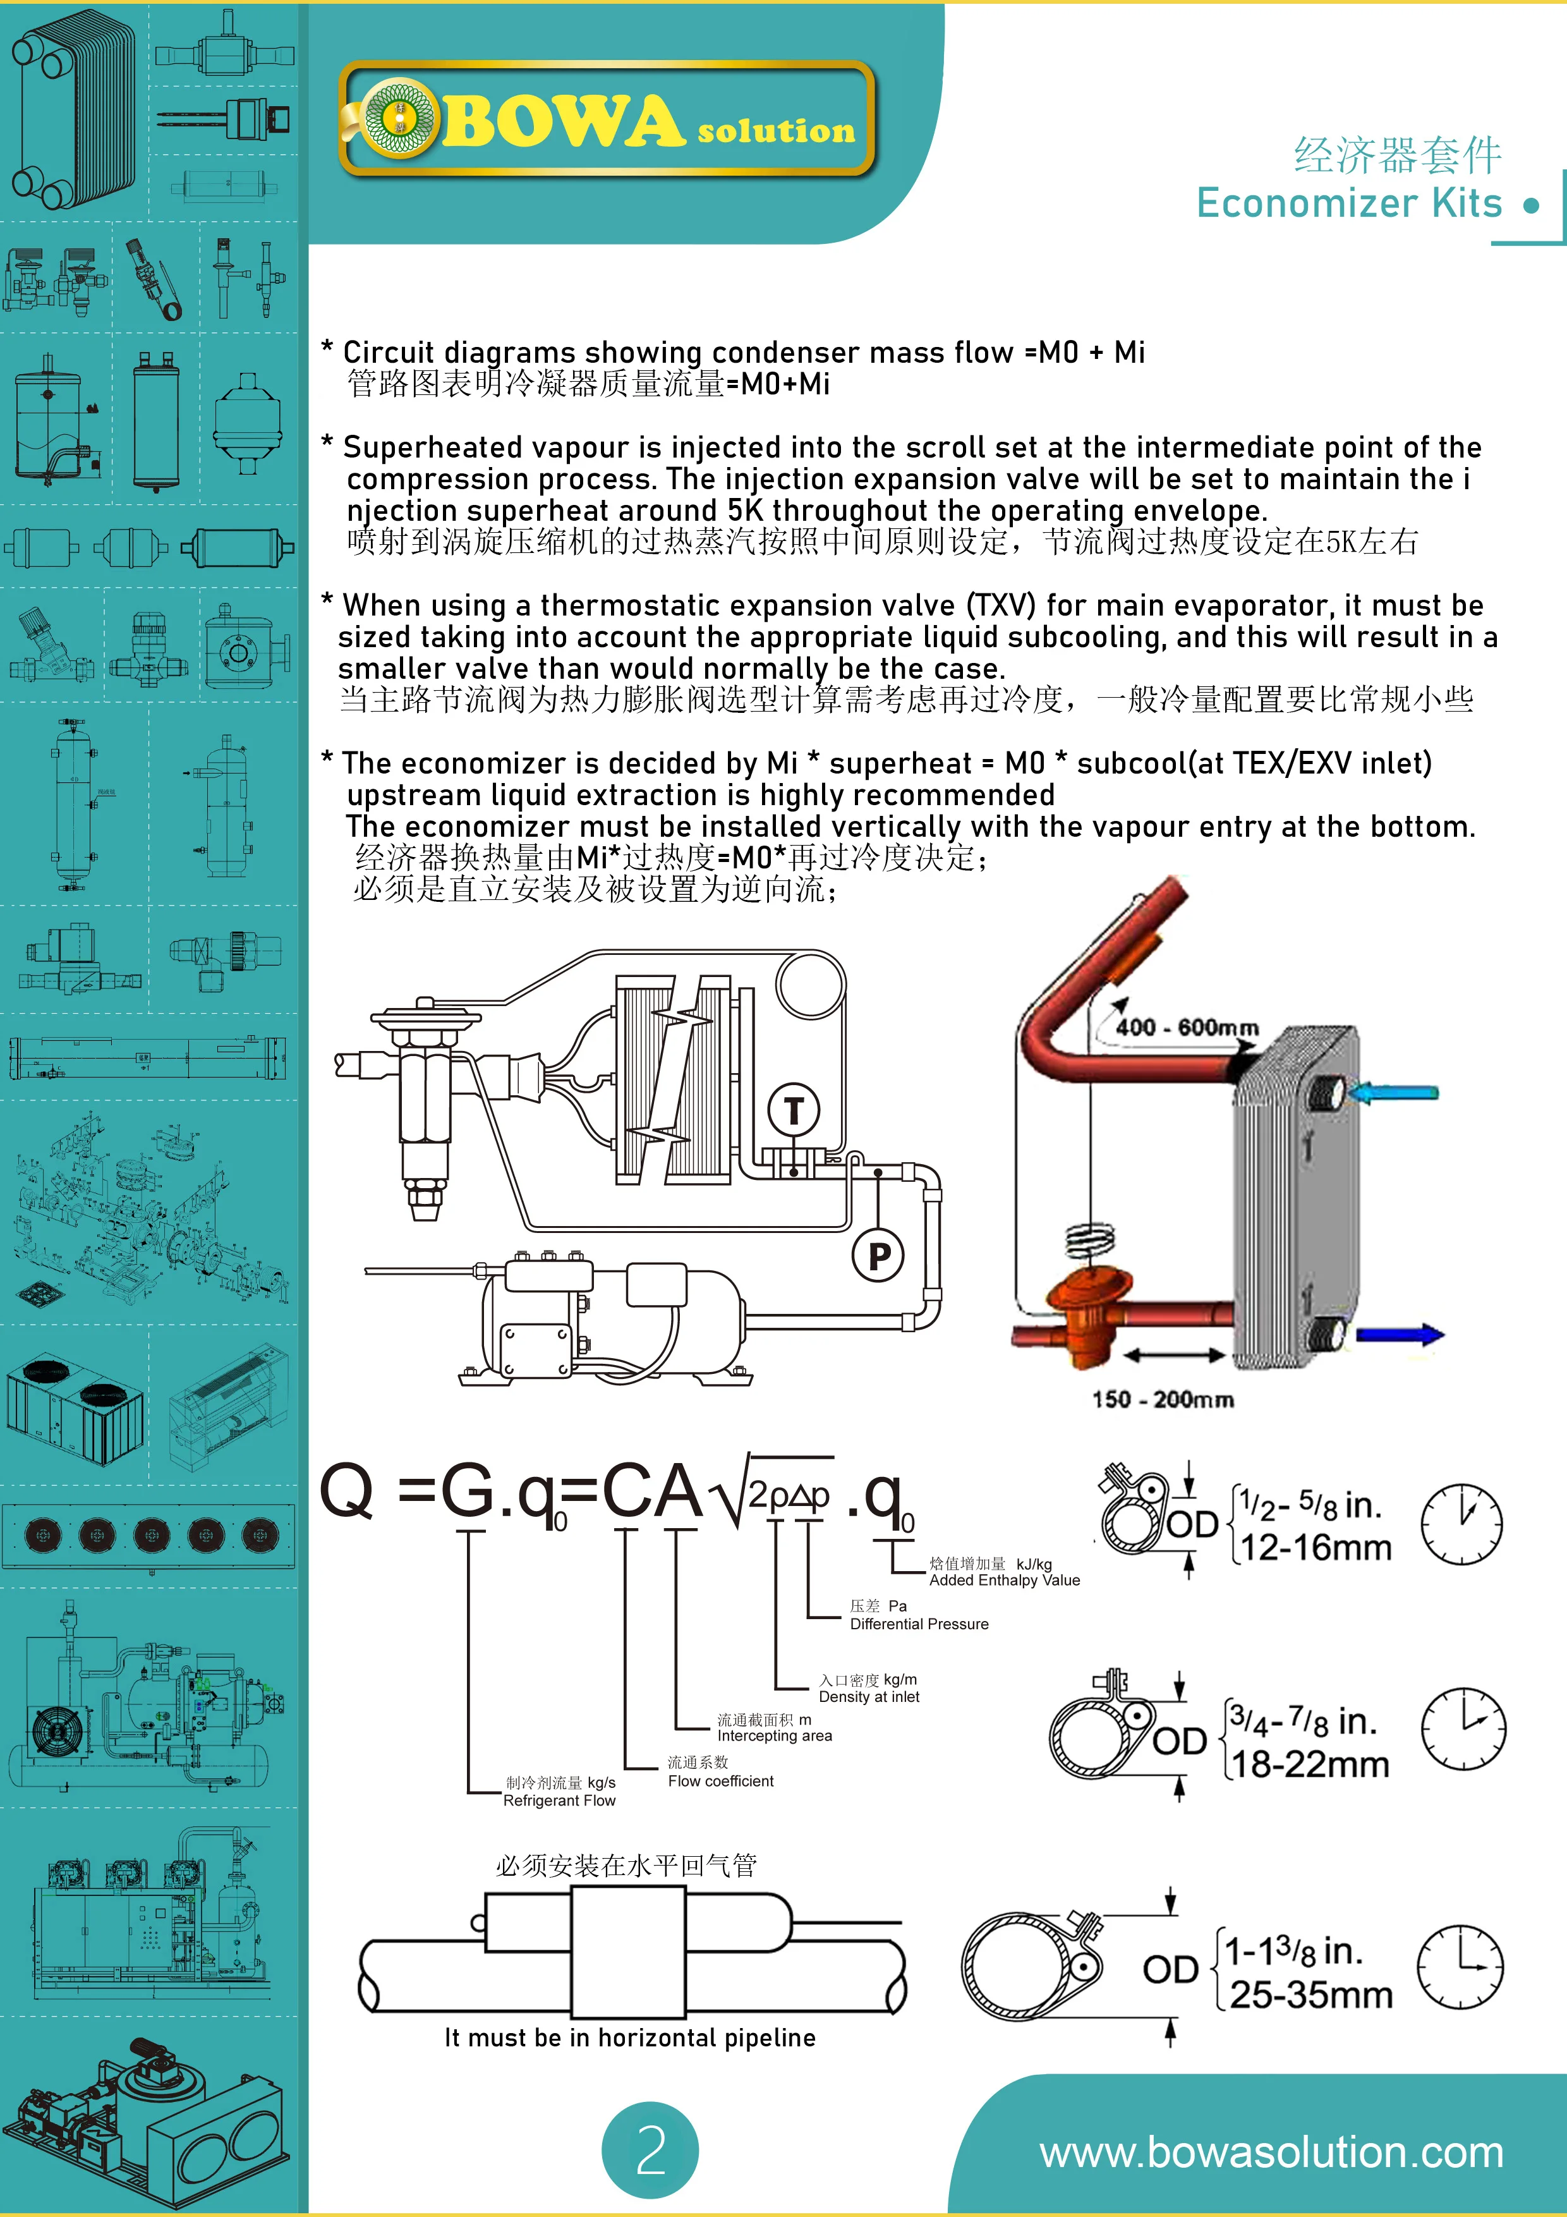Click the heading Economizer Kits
coord(1349,203)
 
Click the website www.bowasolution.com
coord(1271,2153)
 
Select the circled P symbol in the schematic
coord(878,1255)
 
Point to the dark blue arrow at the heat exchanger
coord(1400,1335)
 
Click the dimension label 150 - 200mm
coord(1163,1399)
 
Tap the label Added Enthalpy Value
coord(1004,1581)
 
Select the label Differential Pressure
coord(919,1624)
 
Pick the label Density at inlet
coord(869,1696)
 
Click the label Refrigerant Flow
coord(559,1801)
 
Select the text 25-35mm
coord(1311,1994)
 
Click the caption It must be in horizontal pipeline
coord(629,2038)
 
